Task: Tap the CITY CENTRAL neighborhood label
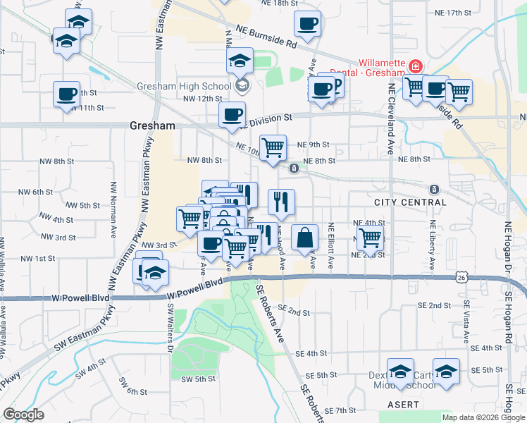410,202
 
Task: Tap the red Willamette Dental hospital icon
416,66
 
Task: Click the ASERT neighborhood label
404,405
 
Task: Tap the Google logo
23,415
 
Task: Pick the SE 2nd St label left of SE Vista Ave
440,305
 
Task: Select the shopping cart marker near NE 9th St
273,147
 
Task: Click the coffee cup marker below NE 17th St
307,24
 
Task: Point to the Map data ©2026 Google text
483,417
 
